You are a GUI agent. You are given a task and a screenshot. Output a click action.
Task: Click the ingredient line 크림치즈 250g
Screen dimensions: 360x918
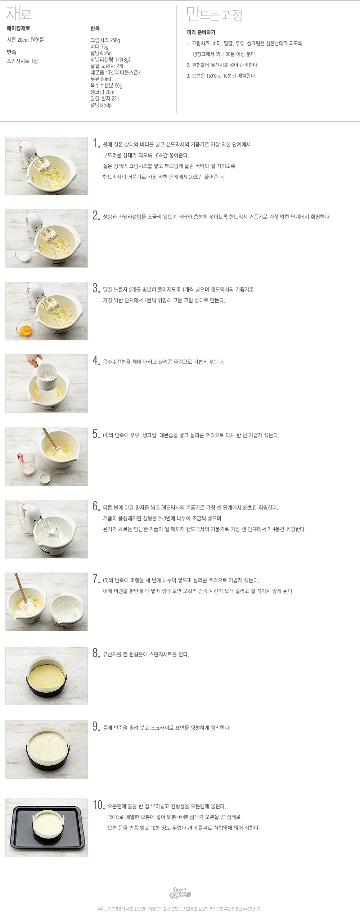click(105, 40)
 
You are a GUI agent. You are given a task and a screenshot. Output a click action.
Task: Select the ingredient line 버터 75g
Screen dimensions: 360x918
click(99, 47)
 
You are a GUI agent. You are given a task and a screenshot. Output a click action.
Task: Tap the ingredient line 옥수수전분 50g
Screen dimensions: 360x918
click(106, 86)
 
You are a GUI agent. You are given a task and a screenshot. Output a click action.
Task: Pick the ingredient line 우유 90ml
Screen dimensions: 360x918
click(100, 79)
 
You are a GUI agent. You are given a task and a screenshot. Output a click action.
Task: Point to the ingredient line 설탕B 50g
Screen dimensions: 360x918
click(101, 105)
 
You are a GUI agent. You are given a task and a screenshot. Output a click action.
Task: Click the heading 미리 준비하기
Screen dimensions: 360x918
click(201, 32)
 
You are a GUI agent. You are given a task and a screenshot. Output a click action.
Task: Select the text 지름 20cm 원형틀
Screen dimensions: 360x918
click(25, 40)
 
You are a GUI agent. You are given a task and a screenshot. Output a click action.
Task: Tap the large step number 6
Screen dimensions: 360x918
click(96, 506)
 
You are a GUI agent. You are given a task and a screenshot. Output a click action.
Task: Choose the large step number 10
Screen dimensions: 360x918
click(99, 805)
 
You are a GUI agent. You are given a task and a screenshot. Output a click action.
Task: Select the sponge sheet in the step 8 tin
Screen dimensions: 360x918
click(47, 675)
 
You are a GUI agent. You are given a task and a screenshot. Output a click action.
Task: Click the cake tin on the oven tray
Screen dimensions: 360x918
click(48, 826)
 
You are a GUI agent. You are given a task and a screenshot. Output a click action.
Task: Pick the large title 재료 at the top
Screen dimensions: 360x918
click(19, 14)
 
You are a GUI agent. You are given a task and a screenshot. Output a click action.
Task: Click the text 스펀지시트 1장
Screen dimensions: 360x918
click(22, 61)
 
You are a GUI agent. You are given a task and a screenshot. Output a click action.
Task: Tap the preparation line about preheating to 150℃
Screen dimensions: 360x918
click(221, 76)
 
